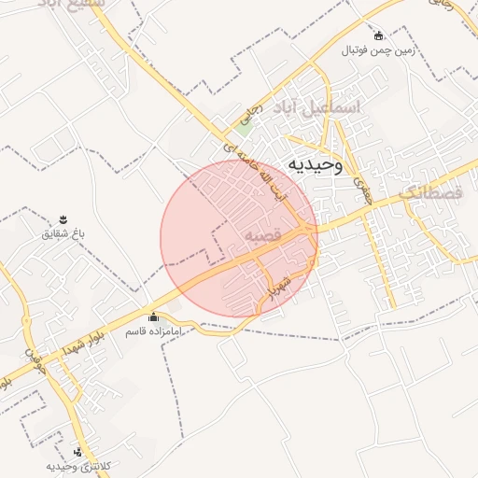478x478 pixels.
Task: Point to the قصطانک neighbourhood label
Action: point(430,193)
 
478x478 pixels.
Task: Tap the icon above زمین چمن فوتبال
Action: point(377,35)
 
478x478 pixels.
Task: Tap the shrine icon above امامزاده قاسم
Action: point(154,317)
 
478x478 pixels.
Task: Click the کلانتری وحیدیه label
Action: point(77,465)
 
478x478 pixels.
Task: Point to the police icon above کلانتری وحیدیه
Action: point(77,451)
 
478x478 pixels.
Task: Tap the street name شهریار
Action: point(279,285)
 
